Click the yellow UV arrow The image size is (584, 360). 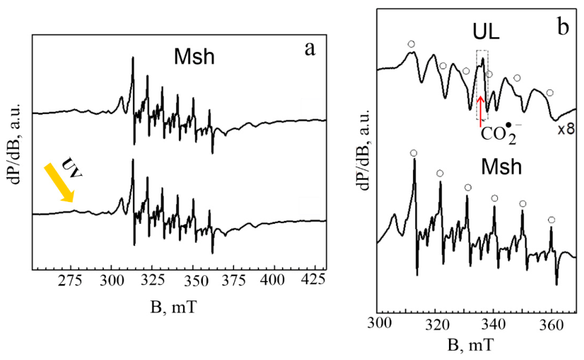pyautogui.click(x=59, y=183)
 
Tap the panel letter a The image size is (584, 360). pyautogui.click(x=309, y=49)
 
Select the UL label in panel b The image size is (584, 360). pyautogui.click(x=486, y=32)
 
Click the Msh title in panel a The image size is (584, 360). pyautogui.click(x=194, y=57)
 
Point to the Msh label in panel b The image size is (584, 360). pyautogui.click(x=501, y=166)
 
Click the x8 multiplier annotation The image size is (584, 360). pyautogui.click(x=566, y=129)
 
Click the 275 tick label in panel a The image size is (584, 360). pyautogui.click(x=71, y=280)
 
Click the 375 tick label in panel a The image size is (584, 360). pyautogui.click(x=233, y=280)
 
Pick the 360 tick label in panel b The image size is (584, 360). pyautogui.click(x=551, y=325)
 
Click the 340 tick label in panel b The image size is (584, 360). pyautogui.click(x=494, y=325)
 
